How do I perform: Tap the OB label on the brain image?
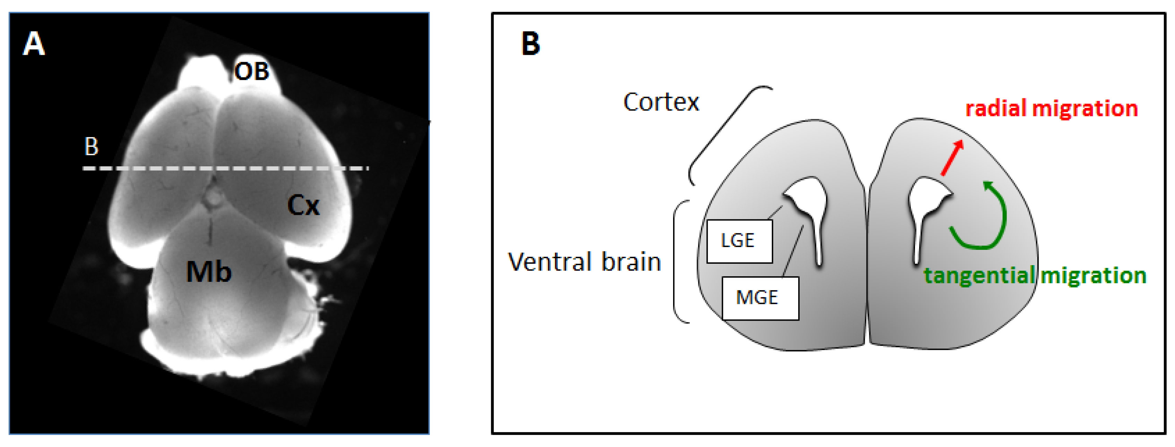click(x=251, y=72)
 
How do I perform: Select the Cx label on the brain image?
click(x=303, y=206)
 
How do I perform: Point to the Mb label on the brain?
click(x=209, y=272)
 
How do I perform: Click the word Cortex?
click(x=661, y=102)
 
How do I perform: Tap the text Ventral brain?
click(x=584, y=262)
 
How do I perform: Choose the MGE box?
click(x=760, y=298)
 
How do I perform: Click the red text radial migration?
click(x=1051, y=109)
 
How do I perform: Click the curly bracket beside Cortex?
click(x=725, y=133)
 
